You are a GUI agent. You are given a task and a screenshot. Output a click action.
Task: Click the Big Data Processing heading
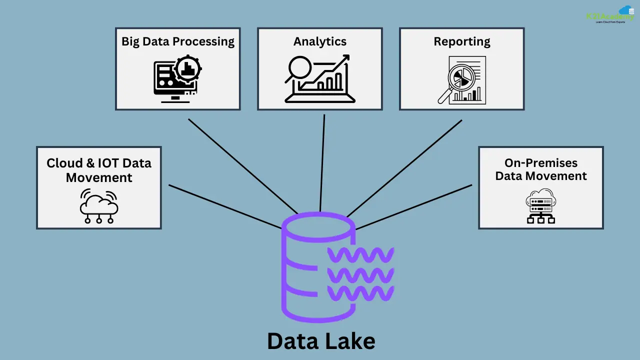point(177,41)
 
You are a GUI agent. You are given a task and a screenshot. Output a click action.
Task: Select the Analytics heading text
point(319,41)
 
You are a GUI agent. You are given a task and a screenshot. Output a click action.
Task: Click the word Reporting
point(461,41)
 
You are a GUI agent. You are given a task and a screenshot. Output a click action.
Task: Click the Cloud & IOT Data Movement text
point(98,170)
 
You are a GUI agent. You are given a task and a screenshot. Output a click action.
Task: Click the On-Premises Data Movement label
point(540,169)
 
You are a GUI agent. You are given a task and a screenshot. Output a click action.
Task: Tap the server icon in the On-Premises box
point(541,205)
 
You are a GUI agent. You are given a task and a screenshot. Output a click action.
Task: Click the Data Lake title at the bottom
point(320,341)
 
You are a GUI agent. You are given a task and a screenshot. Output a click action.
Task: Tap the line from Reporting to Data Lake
point(405,167)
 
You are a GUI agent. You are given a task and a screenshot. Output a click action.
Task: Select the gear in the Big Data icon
point(188,69)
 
